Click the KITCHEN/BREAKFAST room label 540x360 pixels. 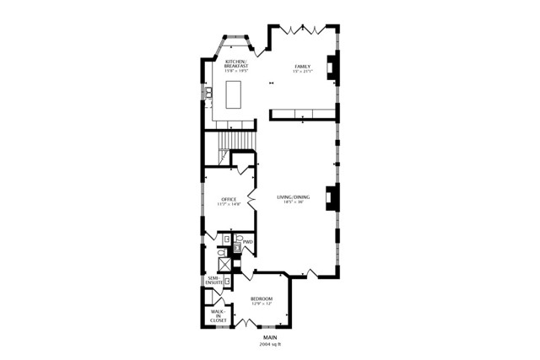click(x=235, y=63)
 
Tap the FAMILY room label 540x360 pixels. click(x=302, y=66)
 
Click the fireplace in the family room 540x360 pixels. click(x=333, y=67)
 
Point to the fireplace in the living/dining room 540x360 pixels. click(x=333, y=197)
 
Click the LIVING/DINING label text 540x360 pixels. click(x=294, y=197)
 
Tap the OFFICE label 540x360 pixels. click(x=229, y=199)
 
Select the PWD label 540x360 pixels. click(x=248, y=242)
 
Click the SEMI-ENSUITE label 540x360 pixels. click(x=214, y=280)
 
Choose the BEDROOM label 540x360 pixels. click(x=262, y=298)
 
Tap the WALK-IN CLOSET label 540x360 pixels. click(x=218, y=316)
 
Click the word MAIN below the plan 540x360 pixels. click(x=270, y=337)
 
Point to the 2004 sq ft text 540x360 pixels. click(x=270, y=344)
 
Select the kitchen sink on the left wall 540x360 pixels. click(x=206, y=92)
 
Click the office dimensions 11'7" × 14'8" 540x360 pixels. click(x=229, y=204)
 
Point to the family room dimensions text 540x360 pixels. click(x=302, y=71)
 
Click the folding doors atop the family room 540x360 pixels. click(x=303, y=30)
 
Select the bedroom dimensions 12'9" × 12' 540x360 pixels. click(x=262, y=304)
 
